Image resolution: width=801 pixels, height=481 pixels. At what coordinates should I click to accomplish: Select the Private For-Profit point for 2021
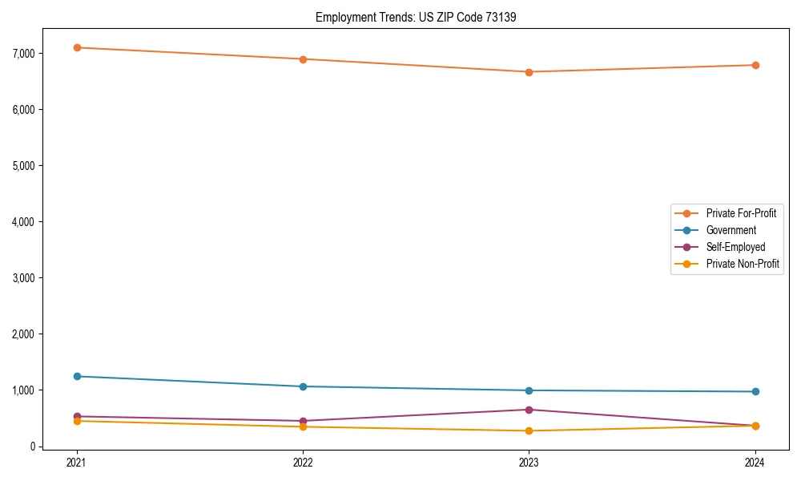click(77, 47)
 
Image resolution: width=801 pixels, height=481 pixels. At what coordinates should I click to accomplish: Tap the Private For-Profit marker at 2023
click(529, 72)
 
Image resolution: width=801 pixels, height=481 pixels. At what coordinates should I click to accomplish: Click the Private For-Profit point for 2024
click(755, 65)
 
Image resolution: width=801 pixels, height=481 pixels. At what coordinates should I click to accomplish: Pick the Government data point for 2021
click(77, 376)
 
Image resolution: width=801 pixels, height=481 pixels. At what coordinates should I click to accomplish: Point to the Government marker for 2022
click(303, 386)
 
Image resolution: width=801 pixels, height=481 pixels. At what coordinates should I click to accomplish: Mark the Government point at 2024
click(755, 391)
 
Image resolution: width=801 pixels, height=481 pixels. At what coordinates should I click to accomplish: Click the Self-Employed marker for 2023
click(529, 410)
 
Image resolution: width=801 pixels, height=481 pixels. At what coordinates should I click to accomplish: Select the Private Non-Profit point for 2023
click(529, 430)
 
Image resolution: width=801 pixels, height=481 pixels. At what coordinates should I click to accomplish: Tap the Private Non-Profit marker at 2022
click(303, 426)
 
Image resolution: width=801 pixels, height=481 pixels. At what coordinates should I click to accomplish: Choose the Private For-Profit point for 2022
click(303, 59)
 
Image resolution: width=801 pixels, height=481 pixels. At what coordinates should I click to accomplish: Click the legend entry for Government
click(731, 230)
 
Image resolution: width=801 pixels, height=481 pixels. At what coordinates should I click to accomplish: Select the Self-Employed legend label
click(735, 247)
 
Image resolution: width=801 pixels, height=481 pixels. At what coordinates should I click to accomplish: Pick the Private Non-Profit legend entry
click(743, 264)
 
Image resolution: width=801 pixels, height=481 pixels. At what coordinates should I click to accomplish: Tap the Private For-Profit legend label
click(741, 213)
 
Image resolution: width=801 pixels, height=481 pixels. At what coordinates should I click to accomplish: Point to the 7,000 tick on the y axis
click(27, 53)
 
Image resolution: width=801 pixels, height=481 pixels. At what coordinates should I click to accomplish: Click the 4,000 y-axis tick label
click(27, 221)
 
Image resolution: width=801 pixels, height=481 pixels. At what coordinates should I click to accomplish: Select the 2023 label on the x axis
click(529, 462)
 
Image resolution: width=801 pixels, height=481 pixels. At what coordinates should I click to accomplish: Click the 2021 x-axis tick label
click(77, 462)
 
